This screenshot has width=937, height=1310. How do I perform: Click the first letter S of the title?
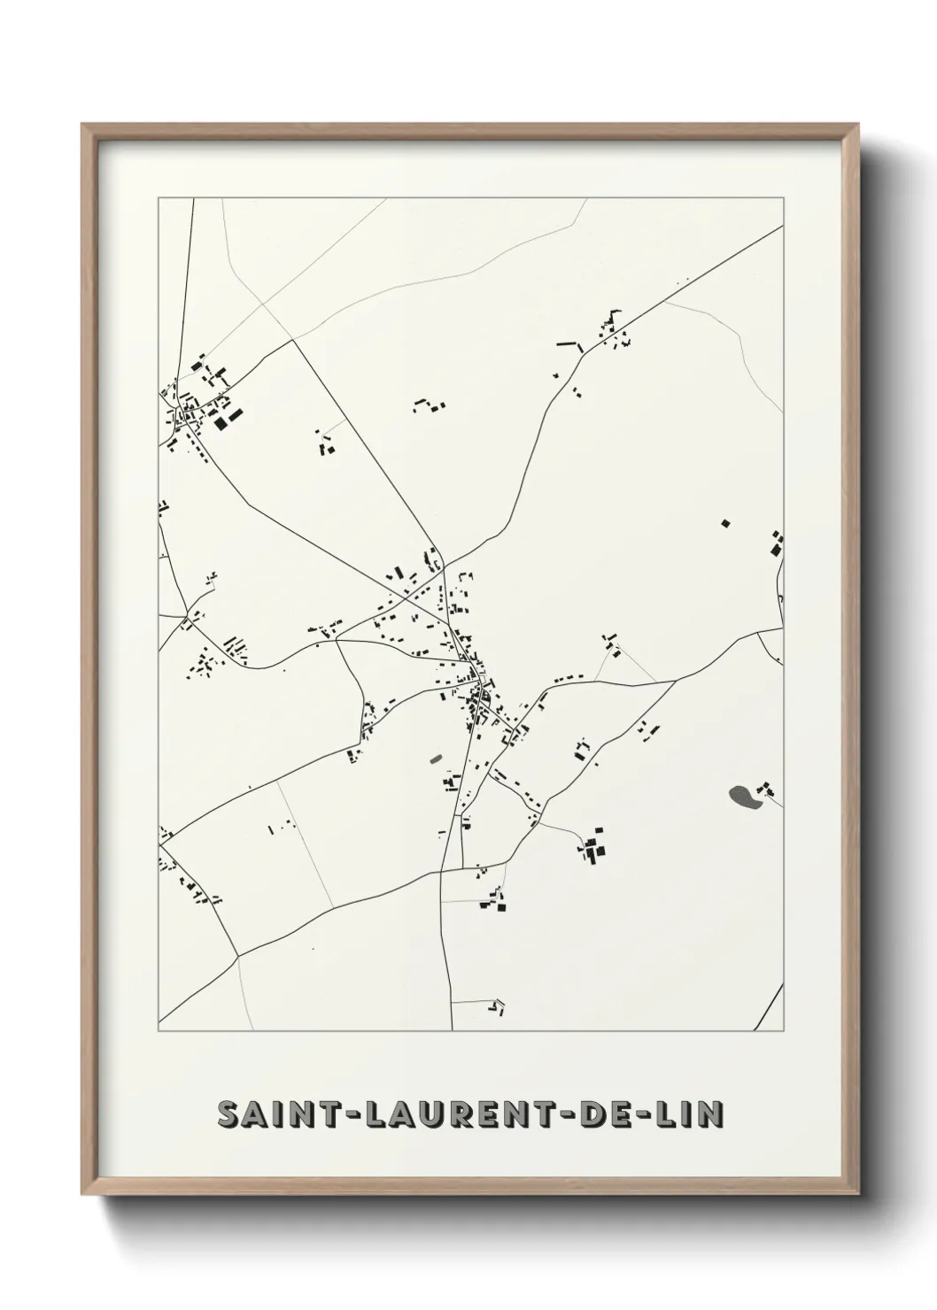[x=228, y=1114]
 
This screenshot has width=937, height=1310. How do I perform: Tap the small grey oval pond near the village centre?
[x=435, y=758]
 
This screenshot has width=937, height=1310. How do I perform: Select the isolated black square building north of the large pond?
[x=725, y=523]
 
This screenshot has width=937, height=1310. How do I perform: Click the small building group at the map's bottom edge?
[x=497, y=1006]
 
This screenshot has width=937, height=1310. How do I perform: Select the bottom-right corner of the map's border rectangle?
[x=783, y=1031]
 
